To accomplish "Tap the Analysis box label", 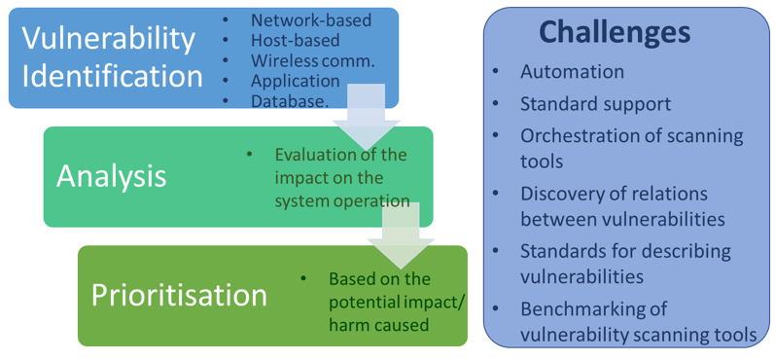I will tap(111, 175).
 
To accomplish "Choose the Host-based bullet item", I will tap(295, 40).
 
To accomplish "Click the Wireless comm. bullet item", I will tap(311, 60).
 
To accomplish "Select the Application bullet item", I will tap(294, 81).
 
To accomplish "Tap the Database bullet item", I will tap(289, 101).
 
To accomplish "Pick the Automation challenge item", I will tap(572, 72).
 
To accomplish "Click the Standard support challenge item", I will tap(595, 103).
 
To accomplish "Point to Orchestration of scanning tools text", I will tap(631, 148).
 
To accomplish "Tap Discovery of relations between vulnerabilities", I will tap(622, 205).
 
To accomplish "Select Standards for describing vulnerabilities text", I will tap(625, 263).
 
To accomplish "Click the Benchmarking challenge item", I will tap(637, 321).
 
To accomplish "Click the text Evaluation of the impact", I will tap(340, 177).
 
